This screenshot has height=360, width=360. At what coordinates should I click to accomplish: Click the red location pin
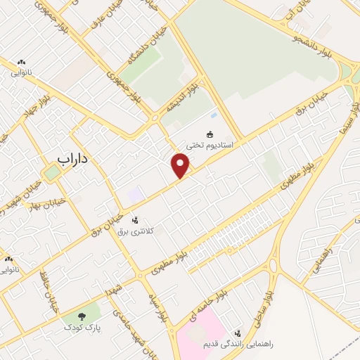[x=181, y=165]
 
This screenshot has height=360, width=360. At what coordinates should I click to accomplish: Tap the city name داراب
[x=73, y=160]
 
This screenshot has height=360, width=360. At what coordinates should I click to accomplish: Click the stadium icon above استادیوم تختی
[x=209, y=134]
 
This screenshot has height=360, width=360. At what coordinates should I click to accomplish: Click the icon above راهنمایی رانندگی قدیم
[x=238, y=332]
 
